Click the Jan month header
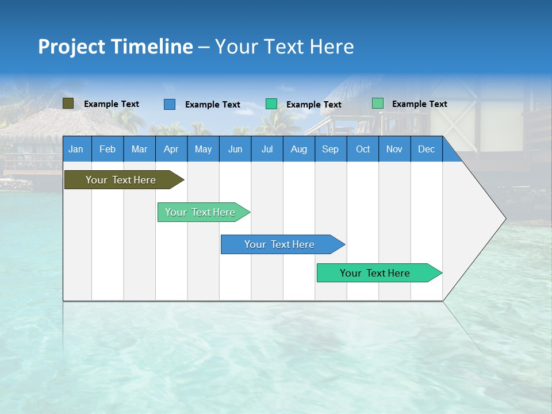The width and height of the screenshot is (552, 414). pyautogui.click(x=76, y=149)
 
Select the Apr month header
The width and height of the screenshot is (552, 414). pyautogui.click(x=171, y=149)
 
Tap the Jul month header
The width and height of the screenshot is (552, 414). pyautogui.click(x=267, y=149)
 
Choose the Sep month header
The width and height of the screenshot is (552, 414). pyautogui.click(x=330, y=149)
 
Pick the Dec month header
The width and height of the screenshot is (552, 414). pyautogui.click(x=426, y=149)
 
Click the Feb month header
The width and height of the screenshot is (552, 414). pyautogui.click(x=108, y=149)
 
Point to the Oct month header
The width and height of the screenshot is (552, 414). pyautogui.click(x=363, y=149)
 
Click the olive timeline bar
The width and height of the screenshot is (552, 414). pyautogui.click(x=121, y=180)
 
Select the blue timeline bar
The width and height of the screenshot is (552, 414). pyautogui.click(x=279, y=244)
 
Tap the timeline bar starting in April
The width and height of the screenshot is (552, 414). pyautogui.click(x=200, y=212)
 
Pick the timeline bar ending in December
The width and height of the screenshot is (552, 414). pyautogui.click(x=375, y=273)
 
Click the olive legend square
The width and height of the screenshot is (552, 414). pyautogui.click(x=68, y=103)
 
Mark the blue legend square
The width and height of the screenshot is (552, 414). pyautogui.click(x=170, y=104)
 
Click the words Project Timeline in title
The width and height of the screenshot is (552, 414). pyautogui.click(x=115, y=47)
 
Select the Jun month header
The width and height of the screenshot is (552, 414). pyautogui.click(x=235, y=149)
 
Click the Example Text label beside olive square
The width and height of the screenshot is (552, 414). pyautogui.click(x=112, y=104)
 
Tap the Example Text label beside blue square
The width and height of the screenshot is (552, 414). pyautogui.click(x=213, y=105)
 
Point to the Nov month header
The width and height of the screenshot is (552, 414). pyautogui.click(x=394, y=149)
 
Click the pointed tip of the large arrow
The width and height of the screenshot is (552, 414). pyautogui.click(x=504, y=218)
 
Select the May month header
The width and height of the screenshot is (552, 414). pyautogui.click(x=203, y=149)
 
